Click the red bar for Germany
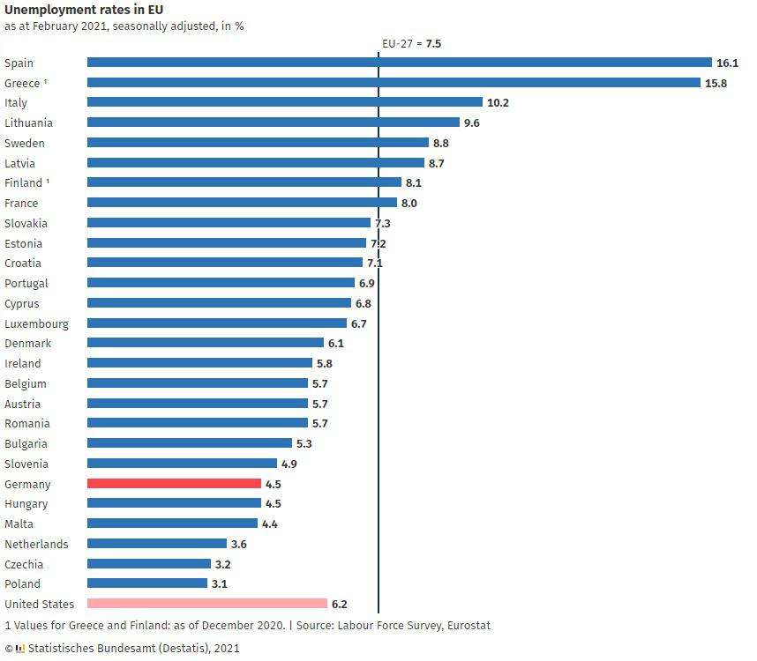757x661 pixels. point(174,484)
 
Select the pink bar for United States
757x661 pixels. point(206,604)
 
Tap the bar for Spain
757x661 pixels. point(399,63)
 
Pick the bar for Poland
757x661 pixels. point(146,583)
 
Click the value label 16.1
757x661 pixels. point(727,63)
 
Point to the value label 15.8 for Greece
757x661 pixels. point(715,83)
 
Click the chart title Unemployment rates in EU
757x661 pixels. point(83,10)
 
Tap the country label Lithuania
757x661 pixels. point(28,123)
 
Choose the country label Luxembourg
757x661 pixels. point(36,323)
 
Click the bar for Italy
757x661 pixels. point(284,102)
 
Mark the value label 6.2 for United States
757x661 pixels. point(339,604)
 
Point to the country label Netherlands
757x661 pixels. point(36,544)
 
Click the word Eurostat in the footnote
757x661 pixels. point(467,625)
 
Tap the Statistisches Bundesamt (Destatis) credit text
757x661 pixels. point(132,648)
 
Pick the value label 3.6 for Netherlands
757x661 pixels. point(238,544)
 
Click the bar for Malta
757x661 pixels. point(172,524)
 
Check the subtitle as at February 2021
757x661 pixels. point(124,26)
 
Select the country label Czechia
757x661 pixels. point(24,564)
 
